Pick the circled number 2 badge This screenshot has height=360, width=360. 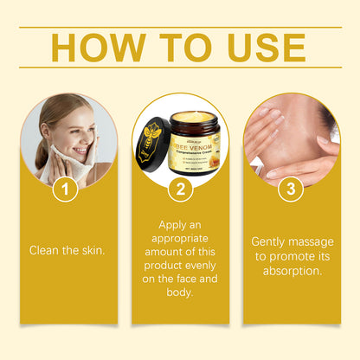pos(180,187)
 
